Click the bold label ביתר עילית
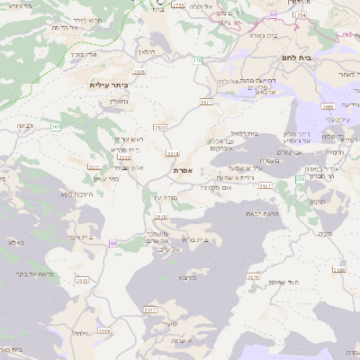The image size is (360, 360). (x=110, y=84)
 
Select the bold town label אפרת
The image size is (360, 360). (x=183, y=169)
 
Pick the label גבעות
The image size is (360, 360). (x=25, y=126)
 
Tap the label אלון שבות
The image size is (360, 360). (x=130, y=167)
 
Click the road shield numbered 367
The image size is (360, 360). (x=56, y=127)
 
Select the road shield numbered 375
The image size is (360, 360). (x=197, y=60)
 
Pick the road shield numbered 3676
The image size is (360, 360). (x=139, y=71)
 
